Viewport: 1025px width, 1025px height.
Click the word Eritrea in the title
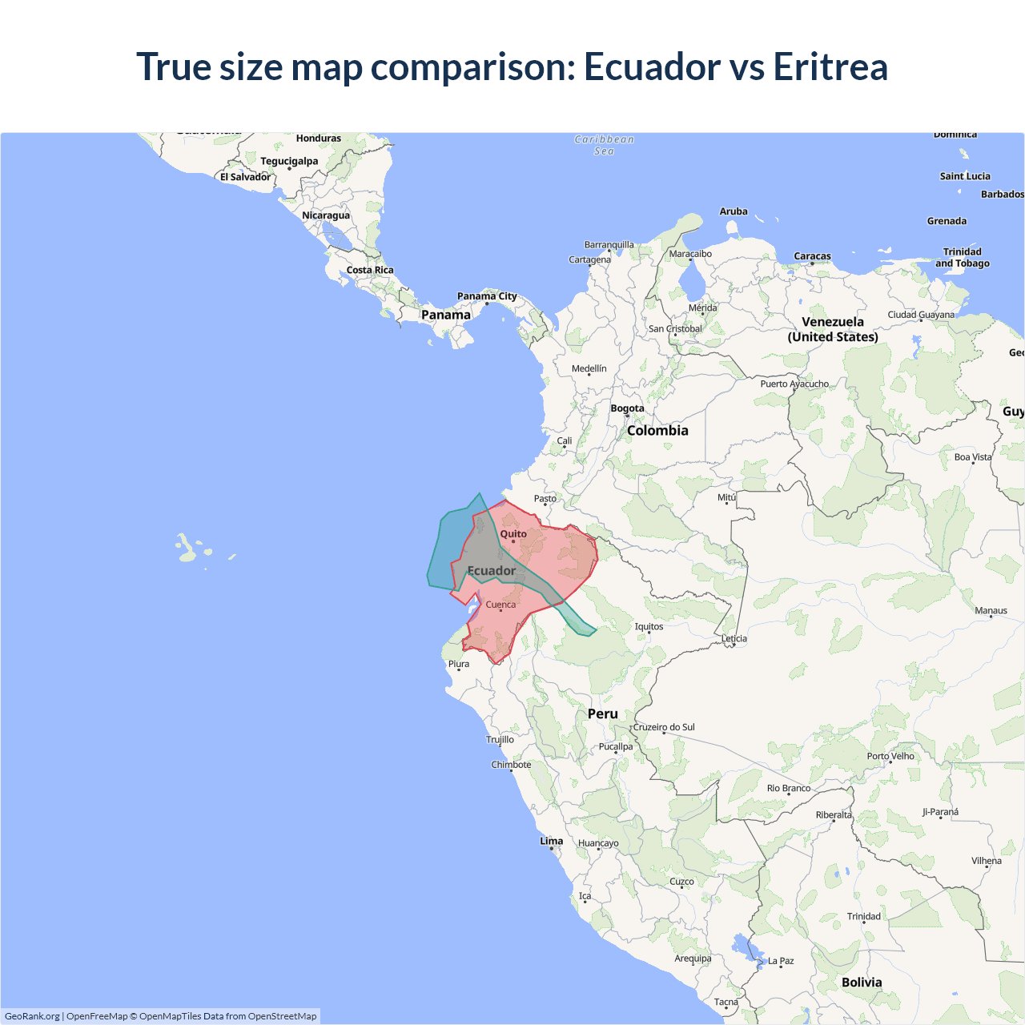(830, 66)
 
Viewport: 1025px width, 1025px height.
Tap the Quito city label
(513, 534)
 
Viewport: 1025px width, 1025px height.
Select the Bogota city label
(627, 408)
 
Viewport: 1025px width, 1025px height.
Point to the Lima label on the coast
(551, 841)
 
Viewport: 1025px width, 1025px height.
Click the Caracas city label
(812, 256)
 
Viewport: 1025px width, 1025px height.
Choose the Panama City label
(487, 296)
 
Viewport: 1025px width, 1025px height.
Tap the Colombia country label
(657, 431)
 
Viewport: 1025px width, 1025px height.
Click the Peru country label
(602, 713)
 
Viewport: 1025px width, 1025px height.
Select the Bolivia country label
(862, 983)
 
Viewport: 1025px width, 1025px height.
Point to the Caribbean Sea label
(604, 145)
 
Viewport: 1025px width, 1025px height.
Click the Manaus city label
(991, 610)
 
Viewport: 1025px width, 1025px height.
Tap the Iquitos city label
(649, 626)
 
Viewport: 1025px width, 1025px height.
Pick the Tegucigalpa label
(289, 161)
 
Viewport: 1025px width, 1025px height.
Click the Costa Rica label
(370, 270)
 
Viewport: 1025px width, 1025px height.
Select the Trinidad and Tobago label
(962, 257)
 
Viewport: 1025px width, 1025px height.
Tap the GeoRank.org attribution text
(32, 1016)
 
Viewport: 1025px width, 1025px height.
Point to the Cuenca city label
(500, 605)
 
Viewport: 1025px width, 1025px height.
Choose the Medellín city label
(589, 368)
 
